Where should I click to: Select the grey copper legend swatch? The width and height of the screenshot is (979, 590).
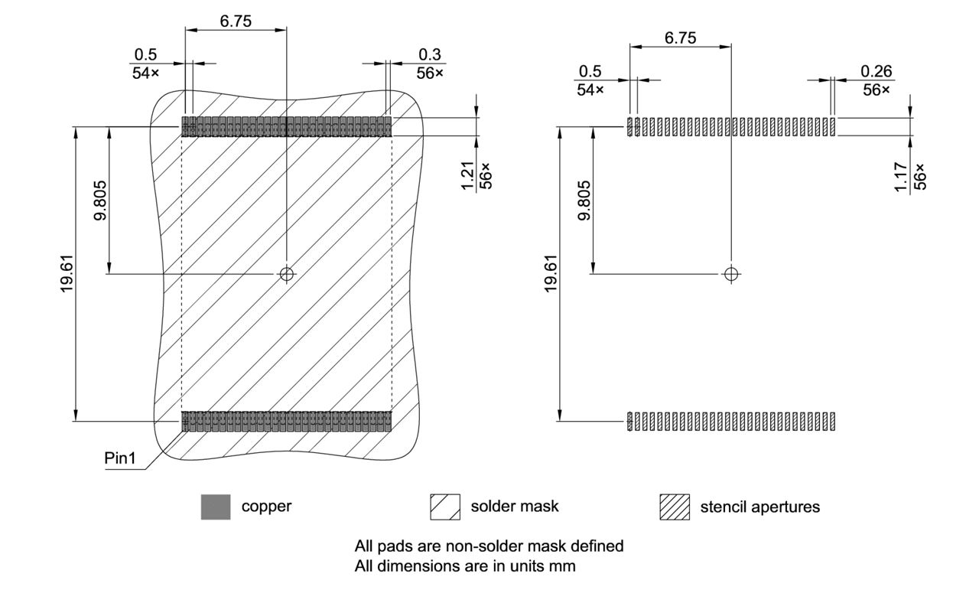coord(215,507)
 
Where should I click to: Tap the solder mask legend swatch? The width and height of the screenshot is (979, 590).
coord(446,507)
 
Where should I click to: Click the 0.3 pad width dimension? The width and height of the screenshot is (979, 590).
coord(430,56)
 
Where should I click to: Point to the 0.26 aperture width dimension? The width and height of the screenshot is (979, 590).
coord(877,71)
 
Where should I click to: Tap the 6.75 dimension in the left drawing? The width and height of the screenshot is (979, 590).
coord(236,21)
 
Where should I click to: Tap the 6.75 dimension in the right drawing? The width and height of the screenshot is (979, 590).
coord(680,37)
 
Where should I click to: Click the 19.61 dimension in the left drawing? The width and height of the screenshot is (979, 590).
coord(67,274)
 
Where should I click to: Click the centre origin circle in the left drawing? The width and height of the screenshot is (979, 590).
coord(287,274)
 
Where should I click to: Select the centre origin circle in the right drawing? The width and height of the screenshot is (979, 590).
coord(731,273)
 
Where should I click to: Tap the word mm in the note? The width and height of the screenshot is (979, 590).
coord(562,566)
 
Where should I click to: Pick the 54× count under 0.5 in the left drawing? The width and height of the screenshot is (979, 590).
coord(145,73)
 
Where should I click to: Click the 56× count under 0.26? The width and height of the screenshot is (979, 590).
coord(877,90)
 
